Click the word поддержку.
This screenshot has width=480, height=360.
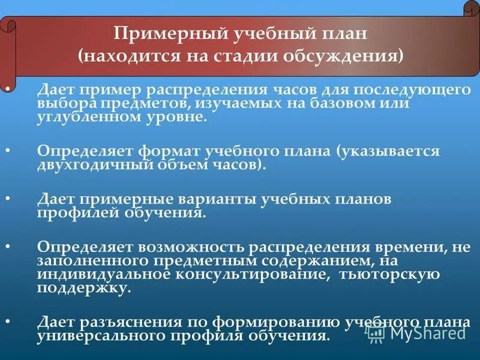(83, 288)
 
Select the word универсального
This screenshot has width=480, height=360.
(106, 336)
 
